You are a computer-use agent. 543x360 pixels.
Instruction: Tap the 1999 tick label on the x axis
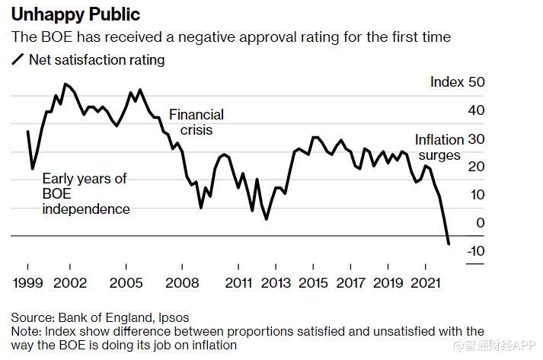coord(27,283)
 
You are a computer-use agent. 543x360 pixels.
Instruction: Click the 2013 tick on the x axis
coord(275,283)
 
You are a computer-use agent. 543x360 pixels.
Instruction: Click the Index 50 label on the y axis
coord(457,82)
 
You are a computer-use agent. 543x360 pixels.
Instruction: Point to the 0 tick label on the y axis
coord(481,223)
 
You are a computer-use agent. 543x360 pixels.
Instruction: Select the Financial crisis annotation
coord(196,122)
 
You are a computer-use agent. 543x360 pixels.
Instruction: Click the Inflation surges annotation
coord(439,147)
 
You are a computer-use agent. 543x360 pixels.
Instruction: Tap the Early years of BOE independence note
coord(85,193)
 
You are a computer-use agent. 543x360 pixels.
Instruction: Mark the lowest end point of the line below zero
coord(449,244)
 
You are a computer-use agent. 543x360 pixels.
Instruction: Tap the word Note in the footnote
coord(24,331)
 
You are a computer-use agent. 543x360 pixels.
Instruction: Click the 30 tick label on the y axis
coord(476,139)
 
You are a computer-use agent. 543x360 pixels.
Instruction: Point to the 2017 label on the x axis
coord(350,283)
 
